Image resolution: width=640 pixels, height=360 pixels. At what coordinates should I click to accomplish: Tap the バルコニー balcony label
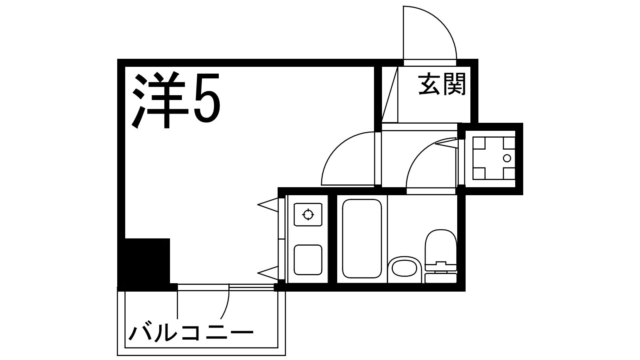[x=191, y=332]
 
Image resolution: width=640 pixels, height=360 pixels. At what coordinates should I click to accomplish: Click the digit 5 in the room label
[x=207, y=99]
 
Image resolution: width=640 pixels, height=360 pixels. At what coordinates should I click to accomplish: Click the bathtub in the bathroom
[x=362, y=239]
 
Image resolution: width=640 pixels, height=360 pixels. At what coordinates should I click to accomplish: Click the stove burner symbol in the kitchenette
[x=308, y=214]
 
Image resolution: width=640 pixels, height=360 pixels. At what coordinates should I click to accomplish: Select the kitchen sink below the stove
[x=308, y=260]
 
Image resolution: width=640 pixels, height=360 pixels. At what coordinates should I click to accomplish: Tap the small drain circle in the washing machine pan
[x=507, y=158]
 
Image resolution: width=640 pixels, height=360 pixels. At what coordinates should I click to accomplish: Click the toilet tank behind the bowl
[x=440, y=277]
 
